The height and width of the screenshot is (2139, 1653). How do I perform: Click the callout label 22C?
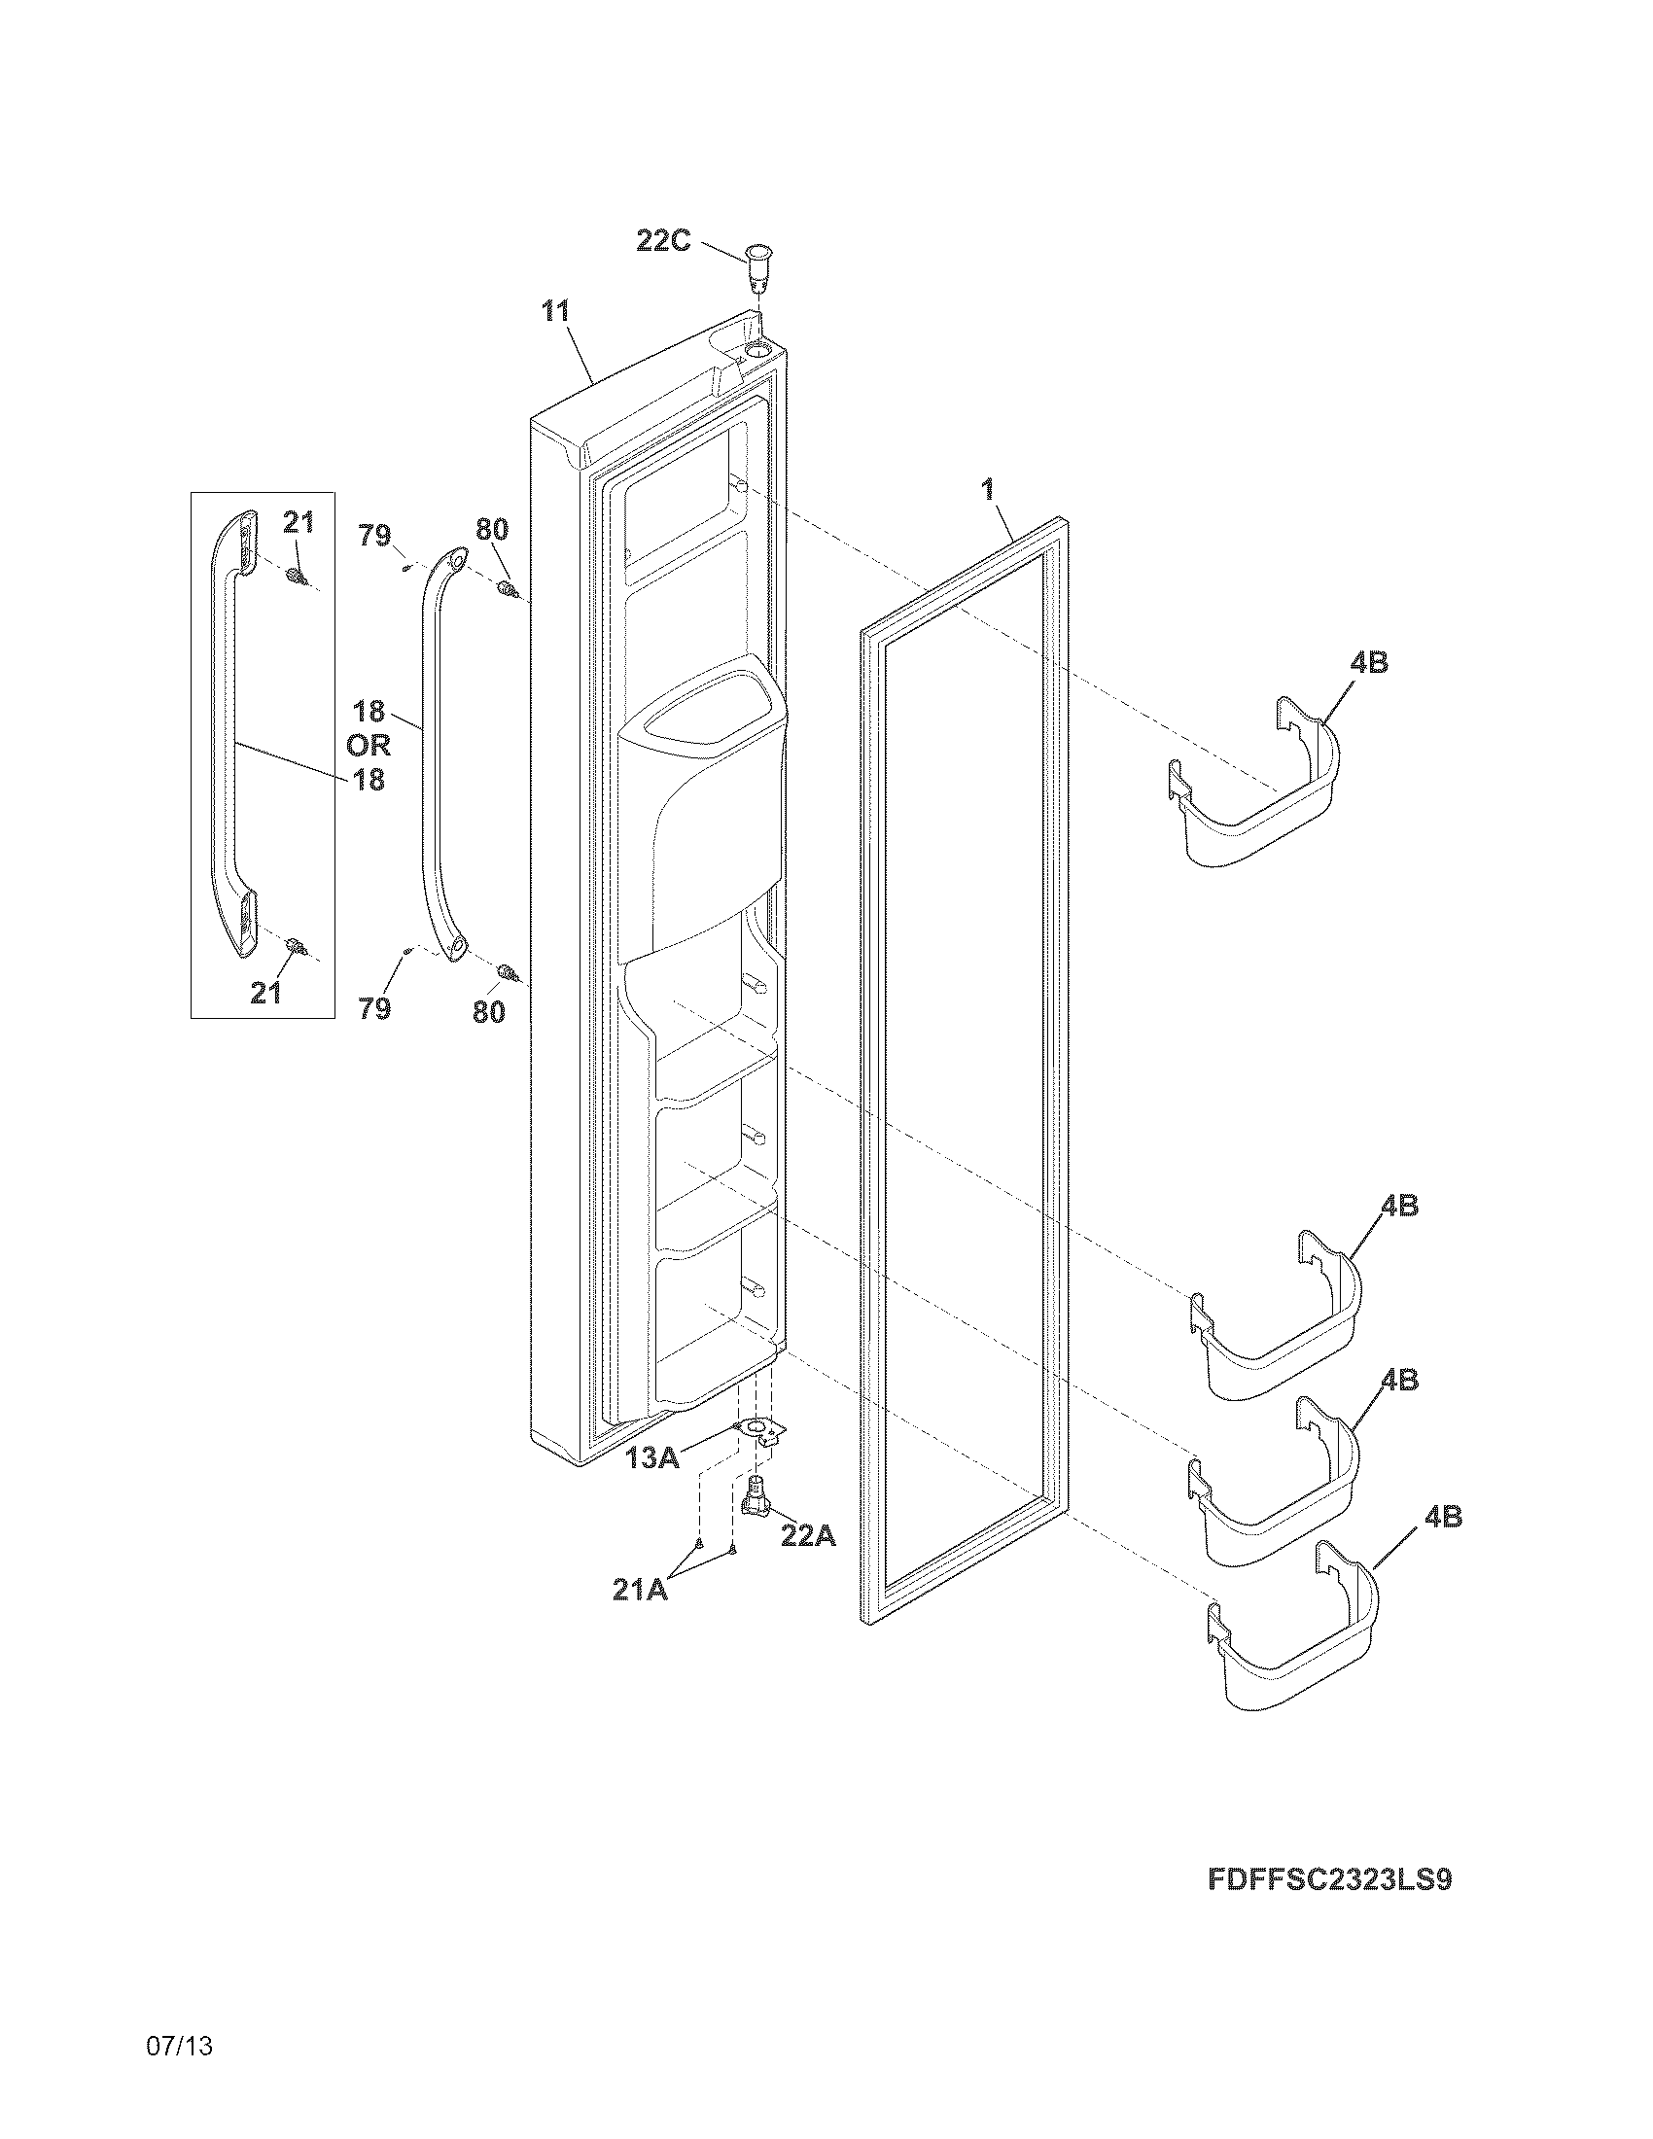click(663, 240)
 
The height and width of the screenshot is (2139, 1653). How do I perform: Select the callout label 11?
click(555, 311)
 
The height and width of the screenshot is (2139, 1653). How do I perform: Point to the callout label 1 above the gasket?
click(988, 490)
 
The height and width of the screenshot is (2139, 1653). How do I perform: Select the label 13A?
click(652, 1458)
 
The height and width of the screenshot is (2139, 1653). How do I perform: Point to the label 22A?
click(808, 1535)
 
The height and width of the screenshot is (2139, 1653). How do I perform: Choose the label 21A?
click(640, 1590)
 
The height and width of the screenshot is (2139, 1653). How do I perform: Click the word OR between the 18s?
click(369, 746)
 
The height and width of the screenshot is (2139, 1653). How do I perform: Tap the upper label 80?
click(492, 530)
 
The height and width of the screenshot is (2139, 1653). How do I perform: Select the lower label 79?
click(374, 1008)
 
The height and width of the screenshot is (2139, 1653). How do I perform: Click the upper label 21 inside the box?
click(299, 523)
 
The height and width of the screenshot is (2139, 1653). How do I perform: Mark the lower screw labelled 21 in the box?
click(296, 946)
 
